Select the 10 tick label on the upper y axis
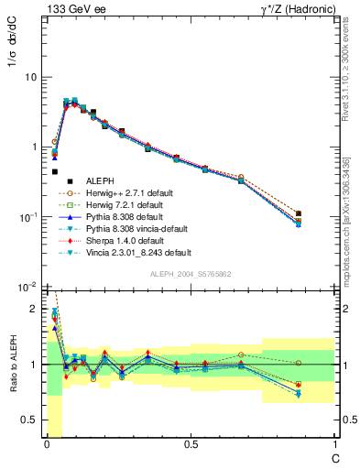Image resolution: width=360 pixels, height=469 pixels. coord(31,77)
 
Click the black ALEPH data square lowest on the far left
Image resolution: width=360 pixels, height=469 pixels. coord(54,171)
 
